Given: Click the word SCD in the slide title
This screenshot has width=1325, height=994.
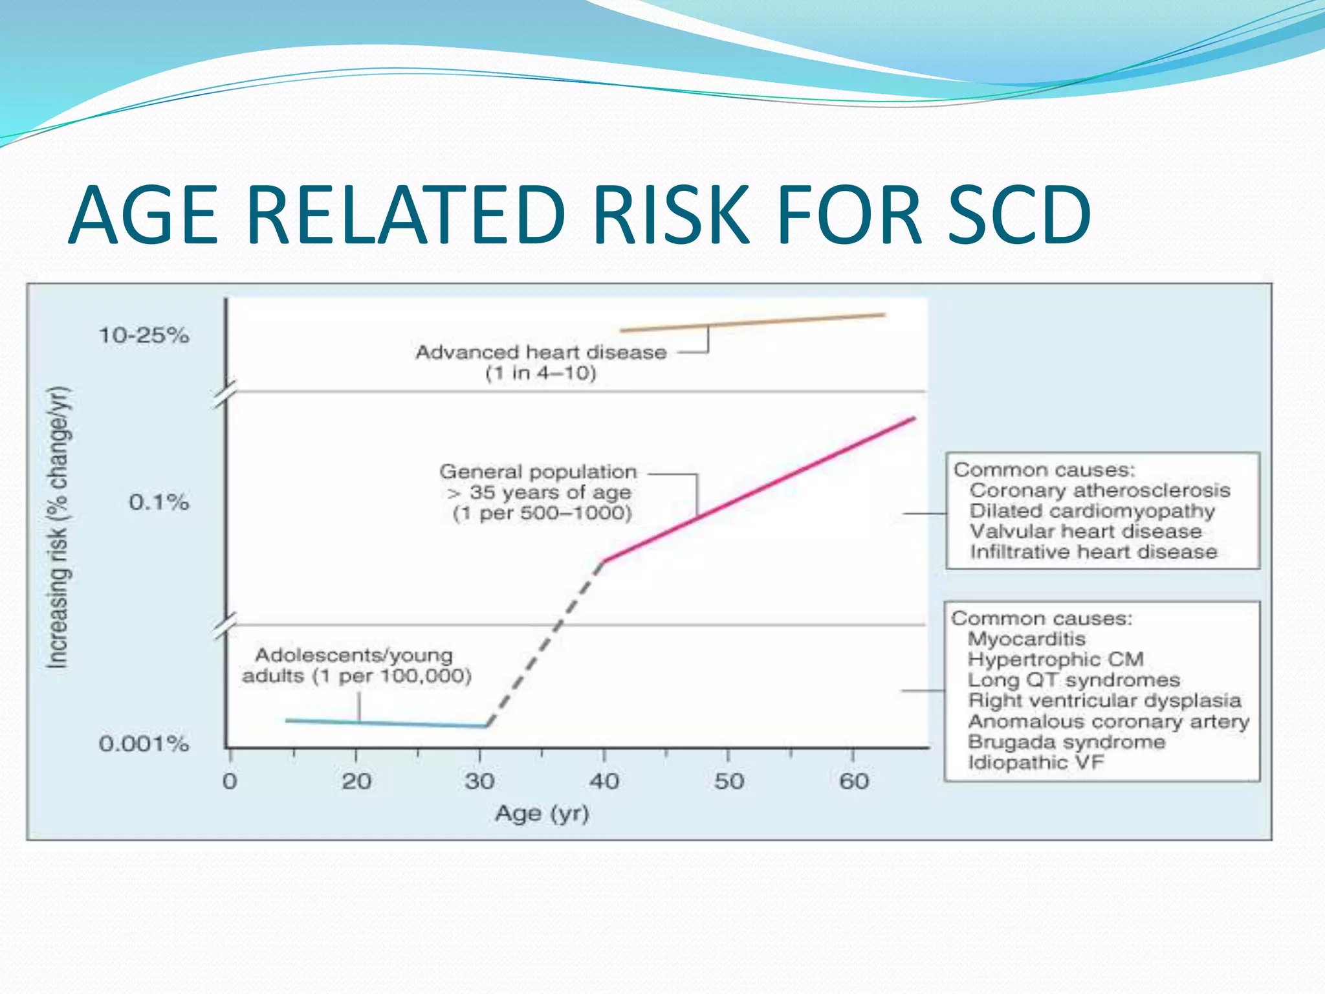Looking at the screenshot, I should [1020, 215].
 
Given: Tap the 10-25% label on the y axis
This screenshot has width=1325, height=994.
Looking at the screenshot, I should [144, 335].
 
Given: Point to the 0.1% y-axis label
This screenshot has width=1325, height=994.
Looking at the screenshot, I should [159, 502].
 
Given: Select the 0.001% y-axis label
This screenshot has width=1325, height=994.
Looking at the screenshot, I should [144, 744].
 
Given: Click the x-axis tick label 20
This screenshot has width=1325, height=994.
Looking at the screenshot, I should [356, 782].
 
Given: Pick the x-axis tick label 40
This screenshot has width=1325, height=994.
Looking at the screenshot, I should [604, 782].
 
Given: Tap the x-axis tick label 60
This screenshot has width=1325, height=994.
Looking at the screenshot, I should [854, 782].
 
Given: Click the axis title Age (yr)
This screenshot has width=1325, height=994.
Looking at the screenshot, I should [542, 813].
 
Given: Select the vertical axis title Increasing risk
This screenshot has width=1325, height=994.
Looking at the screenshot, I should [58, 527].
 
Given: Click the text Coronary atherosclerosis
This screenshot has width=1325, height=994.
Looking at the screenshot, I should [1099, 491].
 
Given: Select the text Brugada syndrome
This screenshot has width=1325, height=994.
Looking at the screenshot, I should [1066, 742].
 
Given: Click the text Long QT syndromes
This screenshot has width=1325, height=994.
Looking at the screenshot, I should [1074, 680].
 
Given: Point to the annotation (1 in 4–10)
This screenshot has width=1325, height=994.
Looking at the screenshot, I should [541, 373].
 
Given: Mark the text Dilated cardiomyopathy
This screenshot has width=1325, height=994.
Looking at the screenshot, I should [1092, 511].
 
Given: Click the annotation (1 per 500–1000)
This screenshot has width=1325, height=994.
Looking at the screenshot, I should [542, 514].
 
